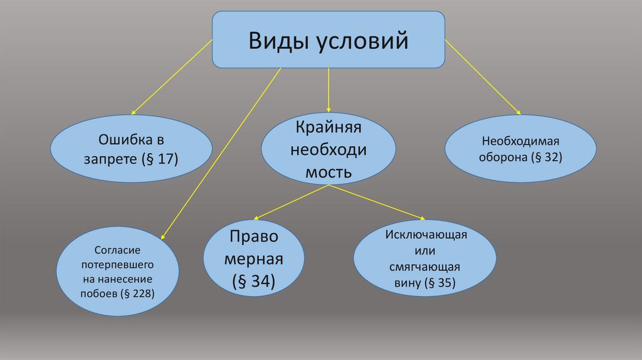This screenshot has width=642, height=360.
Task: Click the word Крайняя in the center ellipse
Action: pos(328,128)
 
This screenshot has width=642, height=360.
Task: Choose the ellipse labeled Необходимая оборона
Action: pos(520,149)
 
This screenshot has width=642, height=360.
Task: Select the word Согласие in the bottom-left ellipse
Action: pos(118,250)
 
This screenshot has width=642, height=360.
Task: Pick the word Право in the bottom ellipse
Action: pos(255,238)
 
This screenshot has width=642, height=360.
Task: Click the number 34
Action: pos(260,282)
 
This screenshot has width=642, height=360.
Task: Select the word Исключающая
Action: pos(424,235)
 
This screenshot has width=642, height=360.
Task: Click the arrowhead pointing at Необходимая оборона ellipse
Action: pos(517,112)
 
